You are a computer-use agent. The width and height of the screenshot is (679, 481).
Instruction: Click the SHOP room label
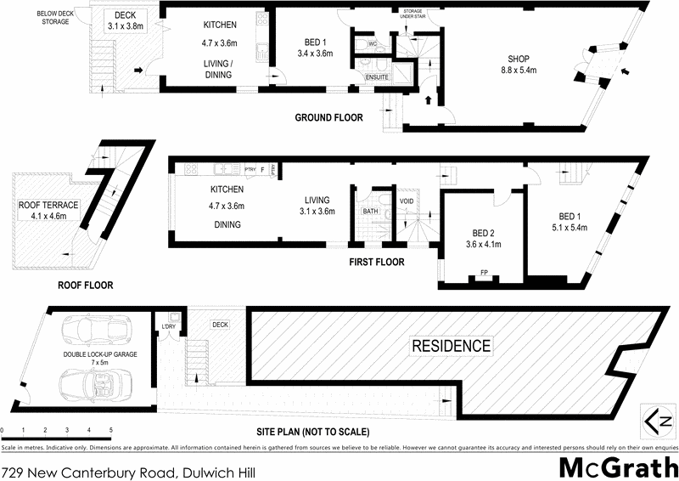coord(518,64)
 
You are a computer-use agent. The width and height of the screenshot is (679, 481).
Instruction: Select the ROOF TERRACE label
coord(48,210)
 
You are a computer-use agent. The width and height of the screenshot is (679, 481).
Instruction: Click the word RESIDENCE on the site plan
coord(452,346)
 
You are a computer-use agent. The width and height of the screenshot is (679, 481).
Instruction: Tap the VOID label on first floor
coord(407,201)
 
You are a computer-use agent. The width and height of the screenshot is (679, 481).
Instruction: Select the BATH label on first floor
coord(370,211)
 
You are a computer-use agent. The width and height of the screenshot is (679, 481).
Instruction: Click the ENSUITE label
coord(377,77)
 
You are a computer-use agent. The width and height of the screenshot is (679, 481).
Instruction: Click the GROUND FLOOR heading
coord(328,117)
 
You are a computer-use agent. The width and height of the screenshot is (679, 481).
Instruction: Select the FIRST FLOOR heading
coord(377,262)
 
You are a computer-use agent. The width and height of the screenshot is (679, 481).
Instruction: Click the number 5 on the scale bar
coord(110,432)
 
